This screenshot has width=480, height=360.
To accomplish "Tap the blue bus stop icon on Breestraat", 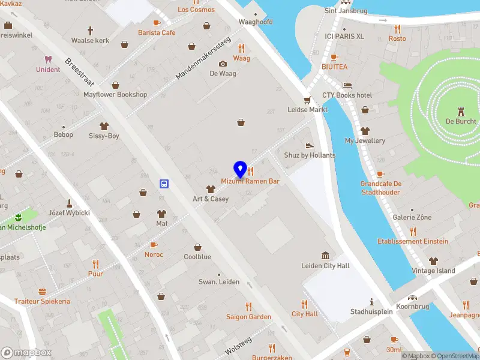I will pos(163,184).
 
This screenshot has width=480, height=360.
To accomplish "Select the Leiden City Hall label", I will pos(325,266).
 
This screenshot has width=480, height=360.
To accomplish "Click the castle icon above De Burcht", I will pos(461,112).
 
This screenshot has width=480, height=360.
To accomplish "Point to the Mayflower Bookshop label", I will pos(115,95).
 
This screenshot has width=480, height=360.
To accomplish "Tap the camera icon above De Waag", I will pos(223,64).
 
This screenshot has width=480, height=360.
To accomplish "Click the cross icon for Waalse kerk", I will pos(90,30).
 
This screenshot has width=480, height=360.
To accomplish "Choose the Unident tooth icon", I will pos(48,59).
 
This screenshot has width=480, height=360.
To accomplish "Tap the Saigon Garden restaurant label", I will pos(248,317).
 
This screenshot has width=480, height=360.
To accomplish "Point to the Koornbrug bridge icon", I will pos(412,298).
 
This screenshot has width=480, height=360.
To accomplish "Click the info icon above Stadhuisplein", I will pos(371,302).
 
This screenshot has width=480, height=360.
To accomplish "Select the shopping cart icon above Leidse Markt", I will pos(307,100).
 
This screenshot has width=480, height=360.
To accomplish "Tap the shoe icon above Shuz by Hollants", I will pos(310,145).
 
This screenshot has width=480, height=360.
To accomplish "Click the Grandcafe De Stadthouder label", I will pos(381,188).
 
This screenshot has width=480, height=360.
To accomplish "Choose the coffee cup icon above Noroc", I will pos(154,245).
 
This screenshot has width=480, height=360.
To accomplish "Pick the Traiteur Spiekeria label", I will pos(42,301).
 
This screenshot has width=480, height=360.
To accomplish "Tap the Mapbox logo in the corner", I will pos(26,352).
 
